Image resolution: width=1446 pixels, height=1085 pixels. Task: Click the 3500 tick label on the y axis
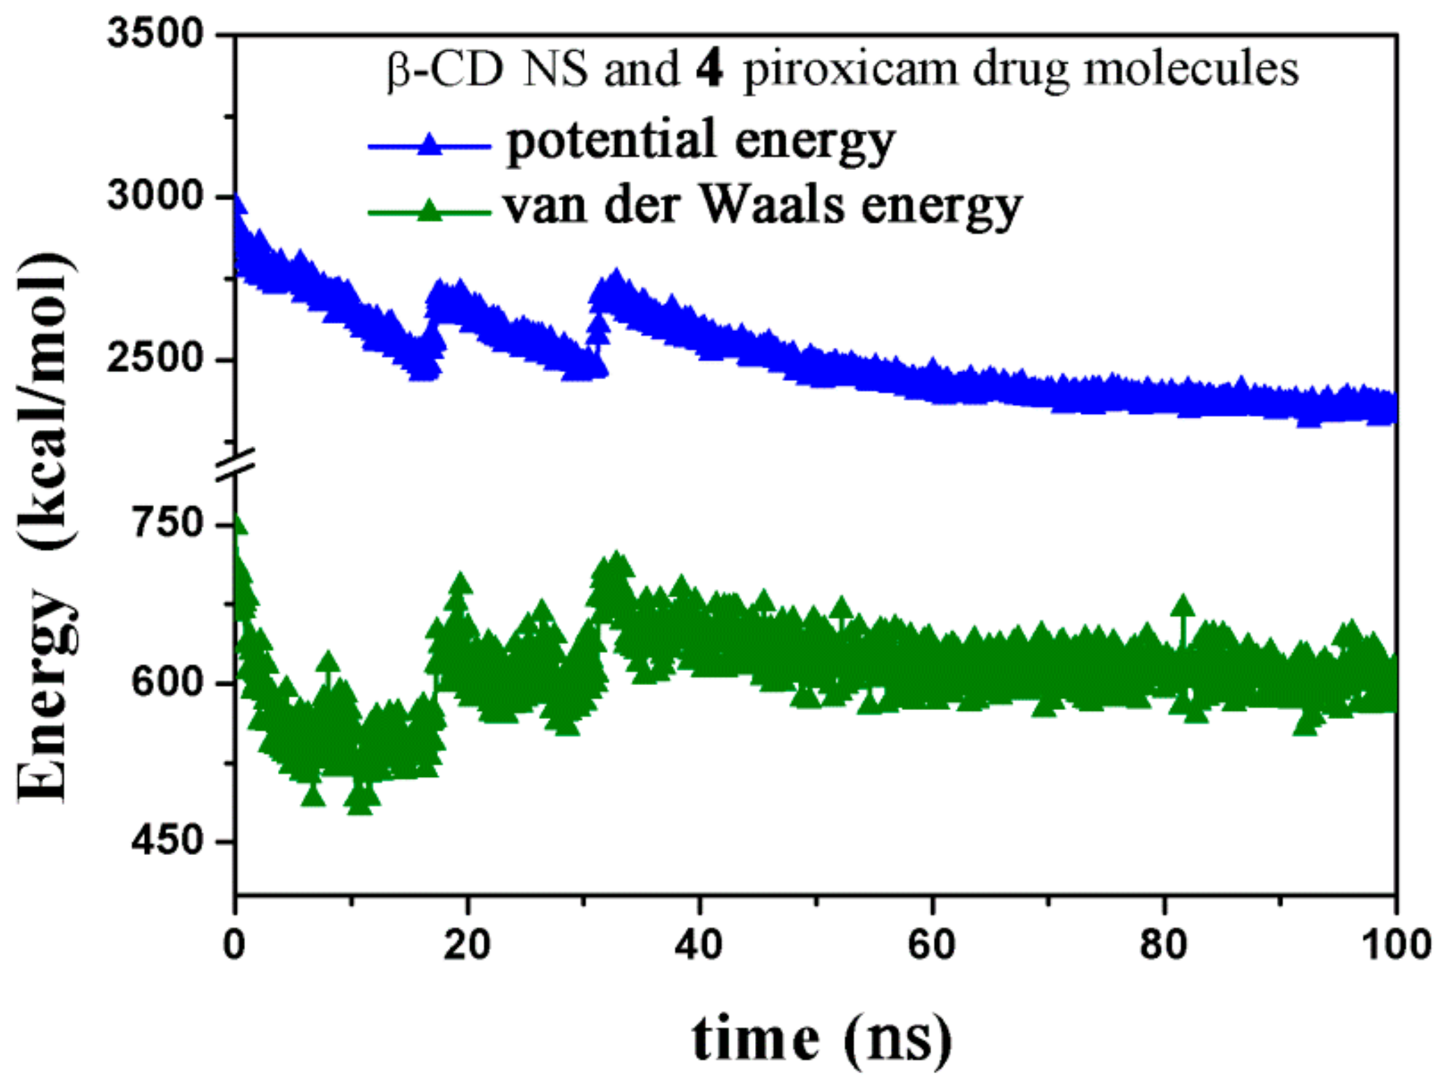click(x=155, y=33)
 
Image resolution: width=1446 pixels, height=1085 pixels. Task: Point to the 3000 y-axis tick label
click(x=155, y=196)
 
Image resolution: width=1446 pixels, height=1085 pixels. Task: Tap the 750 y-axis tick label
click(x=166, y=523)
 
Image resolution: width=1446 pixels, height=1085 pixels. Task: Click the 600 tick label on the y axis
click(x=166, y=681)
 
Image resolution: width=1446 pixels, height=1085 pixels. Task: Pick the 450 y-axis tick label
click(x=166, y=841)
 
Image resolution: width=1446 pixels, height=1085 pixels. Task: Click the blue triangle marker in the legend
click(x=430, y=144)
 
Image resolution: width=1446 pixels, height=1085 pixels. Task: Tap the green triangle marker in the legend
click(x=430, y=210)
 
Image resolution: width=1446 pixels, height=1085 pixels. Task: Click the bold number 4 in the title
click(x=710, y=70)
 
